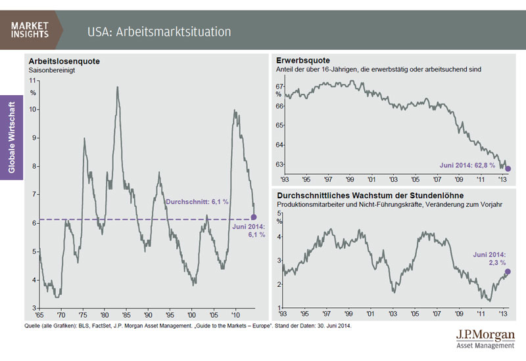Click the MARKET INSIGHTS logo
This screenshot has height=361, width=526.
30,30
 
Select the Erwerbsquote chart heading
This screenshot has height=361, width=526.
299,60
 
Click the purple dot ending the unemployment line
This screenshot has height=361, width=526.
254,217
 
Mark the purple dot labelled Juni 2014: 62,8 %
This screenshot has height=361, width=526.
508,169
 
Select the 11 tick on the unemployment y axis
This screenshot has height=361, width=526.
32,79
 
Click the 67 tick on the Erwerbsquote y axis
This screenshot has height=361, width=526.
279,86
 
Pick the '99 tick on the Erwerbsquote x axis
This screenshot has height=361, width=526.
350,179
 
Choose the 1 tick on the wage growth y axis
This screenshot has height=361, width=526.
280,308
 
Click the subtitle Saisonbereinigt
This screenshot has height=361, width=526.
49,70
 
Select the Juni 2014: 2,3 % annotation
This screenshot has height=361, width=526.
489,257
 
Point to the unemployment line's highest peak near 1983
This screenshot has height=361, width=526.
118,87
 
